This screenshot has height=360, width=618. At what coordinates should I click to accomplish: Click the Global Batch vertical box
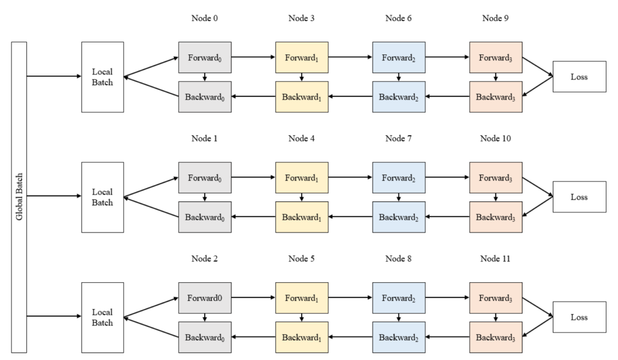pyautogui.click(x=19, y=197)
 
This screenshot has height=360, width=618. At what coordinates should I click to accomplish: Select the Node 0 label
pyautogui.click(x=204, y=18)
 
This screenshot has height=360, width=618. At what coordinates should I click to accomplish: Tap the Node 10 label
pyautogui.click(x=496, y=139)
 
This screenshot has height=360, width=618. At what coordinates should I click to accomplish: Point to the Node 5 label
pyautogui.click(x=302, y=259)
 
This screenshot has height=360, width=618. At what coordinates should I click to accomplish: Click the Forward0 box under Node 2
pyautogui.click(x=205, y=298)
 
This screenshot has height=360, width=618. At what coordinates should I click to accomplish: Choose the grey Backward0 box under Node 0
pyautogui.click(x=205, y=97)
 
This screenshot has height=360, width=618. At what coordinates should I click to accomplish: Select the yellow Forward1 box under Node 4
pyautogui.click(x=302, y=178)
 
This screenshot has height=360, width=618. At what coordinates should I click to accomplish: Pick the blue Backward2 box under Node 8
pyautogui.click(x=399, y=337)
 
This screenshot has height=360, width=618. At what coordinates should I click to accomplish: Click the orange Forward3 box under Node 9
pyautogui.click(x=496, y=58)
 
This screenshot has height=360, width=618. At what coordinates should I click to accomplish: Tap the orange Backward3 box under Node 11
pyautogui.click(x=496, y=337)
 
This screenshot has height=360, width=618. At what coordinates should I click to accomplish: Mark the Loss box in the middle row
pyautogui.click(x=579, y=197)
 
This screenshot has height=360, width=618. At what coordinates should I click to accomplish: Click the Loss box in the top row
pyautogui.click(x=579, y=77)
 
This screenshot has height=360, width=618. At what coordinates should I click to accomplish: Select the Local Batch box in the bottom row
pyautogui.click(x=102, y=318)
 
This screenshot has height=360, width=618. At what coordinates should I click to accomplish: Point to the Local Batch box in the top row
pyautogui.click(x=102, y=77)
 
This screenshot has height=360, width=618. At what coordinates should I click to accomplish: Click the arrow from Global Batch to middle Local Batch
pyautogui.click(x=54, y=196)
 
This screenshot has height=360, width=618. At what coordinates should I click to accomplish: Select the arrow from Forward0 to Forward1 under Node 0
pyautogui.click(x=253, y=57)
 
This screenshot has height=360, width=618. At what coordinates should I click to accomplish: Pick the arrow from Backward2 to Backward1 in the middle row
pyautogui.click(x=350, y=216)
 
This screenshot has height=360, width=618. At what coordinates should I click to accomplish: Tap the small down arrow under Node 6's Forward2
pyautogui.click(x=398, y=77)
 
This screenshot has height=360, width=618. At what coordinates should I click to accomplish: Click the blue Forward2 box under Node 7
pyautogui.click(x=399, y=178)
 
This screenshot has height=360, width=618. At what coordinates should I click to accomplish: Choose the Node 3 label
pyautogui.click(x=302, y=18)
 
